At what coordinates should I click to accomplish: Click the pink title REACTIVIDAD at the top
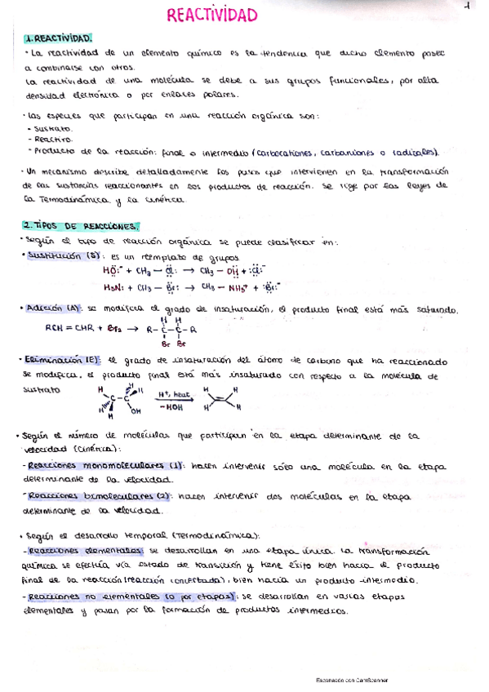[x=211, y=16]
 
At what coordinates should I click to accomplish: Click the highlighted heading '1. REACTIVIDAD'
[x=57, y=38]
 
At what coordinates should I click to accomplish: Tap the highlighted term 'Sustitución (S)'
[x=62, y=255]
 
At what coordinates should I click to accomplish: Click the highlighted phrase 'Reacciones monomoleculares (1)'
[x=96, y=465]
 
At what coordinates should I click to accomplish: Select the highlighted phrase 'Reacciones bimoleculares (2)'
[x=93, y=495]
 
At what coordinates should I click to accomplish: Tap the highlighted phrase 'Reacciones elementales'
[x=85, y=551]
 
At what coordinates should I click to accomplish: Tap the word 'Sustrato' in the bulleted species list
[x=52, y=129]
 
